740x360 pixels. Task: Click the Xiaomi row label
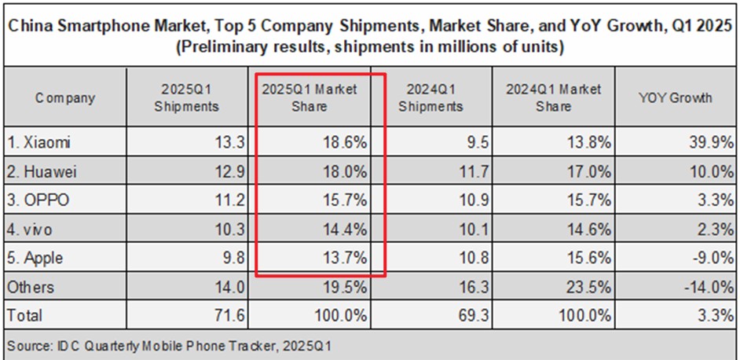coord(37,141)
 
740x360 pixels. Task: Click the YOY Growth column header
coord(675,98)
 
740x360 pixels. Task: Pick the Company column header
coord(65,98)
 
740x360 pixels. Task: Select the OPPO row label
coord(37,200)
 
